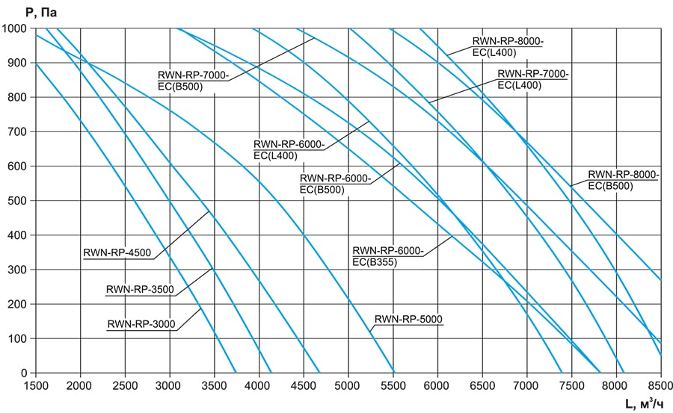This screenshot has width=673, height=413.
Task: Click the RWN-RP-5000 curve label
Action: [408, 320]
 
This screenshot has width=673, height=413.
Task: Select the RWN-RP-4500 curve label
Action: [117, 252]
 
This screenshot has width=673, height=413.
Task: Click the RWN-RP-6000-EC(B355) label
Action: [387, 255]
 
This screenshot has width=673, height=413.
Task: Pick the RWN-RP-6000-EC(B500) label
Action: [335, 184]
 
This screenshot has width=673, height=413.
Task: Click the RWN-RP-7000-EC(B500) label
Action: [192, 81]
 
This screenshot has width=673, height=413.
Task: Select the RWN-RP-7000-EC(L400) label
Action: [533, 80]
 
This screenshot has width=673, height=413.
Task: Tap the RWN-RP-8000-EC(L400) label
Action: [508, 46]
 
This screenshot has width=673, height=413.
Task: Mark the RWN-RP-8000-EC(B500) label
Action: [623, 180]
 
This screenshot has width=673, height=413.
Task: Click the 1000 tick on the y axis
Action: [15, 28]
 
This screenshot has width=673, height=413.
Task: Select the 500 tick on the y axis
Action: [18, 201]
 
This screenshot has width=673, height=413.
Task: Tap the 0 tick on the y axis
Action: [25, 373]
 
